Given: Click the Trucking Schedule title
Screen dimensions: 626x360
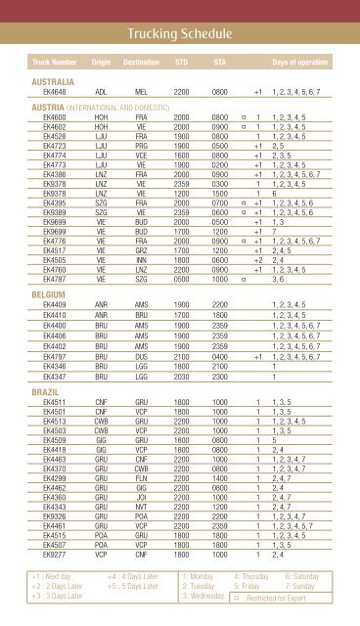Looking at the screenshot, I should tap(180, 36).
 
